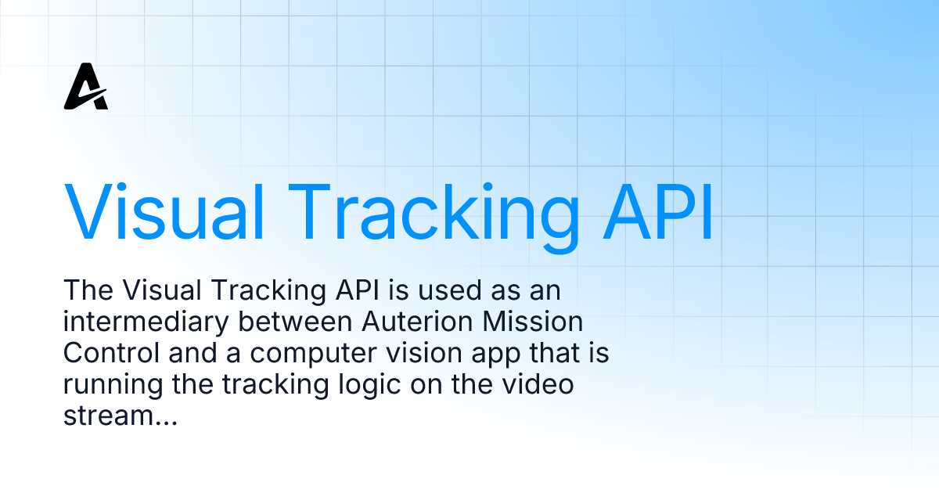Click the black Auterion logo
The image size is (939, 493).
pos(85,88)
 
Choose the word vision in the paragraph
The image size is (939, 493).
pos(411,354)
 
